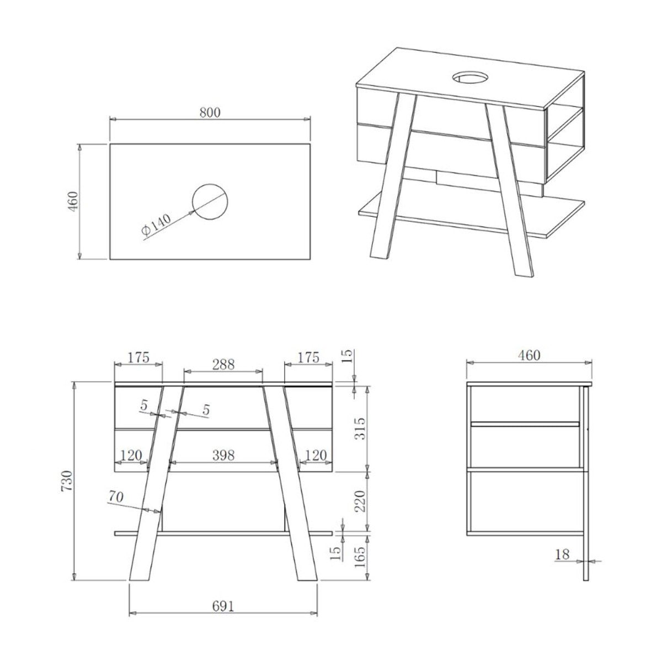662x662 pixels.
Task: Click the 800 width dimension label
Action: click(x=210, y=113)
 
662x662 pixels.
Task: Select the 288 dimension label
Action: click(x=223, y=364)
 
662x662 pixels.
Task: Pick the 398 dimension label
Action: click(x=223, y=455)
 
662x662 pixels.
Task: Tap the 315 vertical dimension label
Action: click(x=359, y=429)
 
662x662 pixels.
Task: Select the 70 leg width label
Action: click(x=115, y=496)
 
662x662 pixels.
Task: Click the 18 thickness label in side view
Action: click(x=562, y=554)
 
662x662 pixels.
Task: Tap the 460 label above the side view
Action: click(x=528, y=355)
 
